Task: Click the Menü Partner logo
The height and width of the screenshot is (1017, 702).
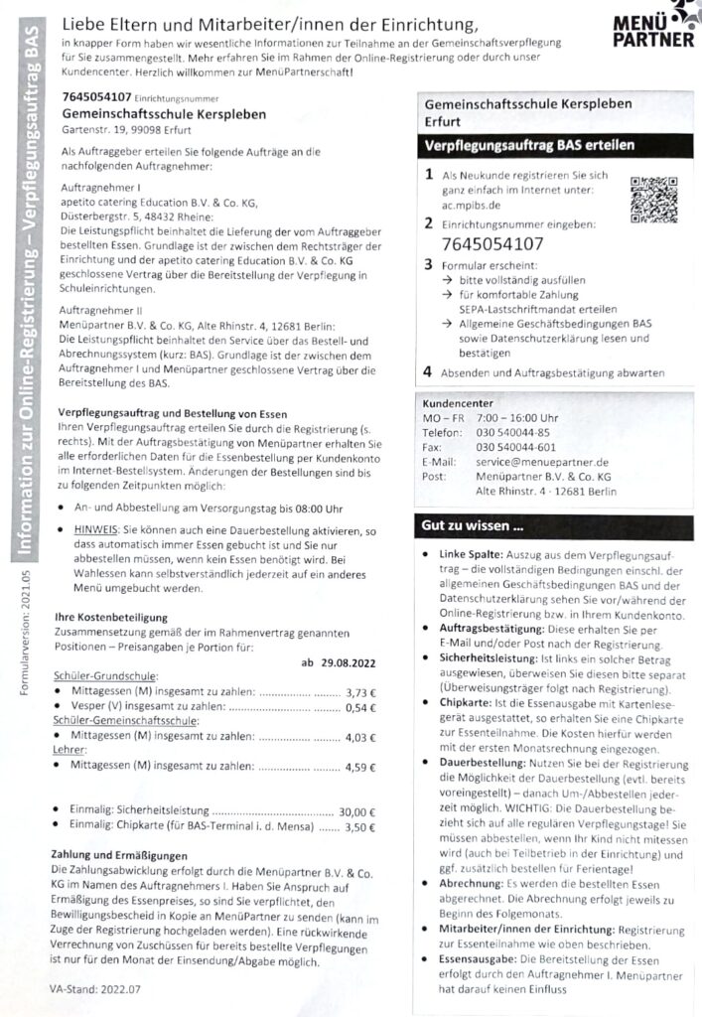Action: click(653, 27)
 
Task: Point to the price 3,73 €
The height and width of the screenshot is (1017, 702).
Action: click(361, 691)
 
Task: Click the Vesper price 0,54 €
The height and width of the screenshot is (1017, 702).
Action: click(361, 707)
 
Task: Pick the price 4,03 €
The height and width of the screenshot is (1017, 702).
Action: click(361, 737)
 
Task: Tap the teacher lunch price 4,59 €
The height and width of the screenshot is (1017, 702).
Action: click(361, 767)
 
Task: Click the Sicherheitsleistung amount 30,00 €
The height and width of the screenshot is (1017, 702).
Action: click(357, 812)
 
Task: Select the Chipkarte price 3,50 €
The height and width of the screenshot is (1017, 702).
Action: click(361, 827)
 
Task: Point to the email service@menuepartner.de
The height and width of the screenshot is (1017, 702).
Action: click(542, 462)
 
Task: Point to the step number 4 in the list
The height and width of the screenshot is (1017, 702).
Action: click(427, 372)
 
